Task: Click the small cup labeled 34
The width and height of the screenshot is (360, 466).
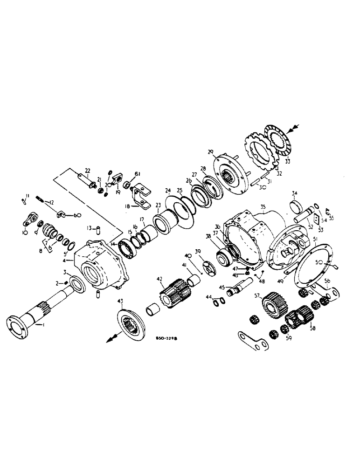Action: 296,205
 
